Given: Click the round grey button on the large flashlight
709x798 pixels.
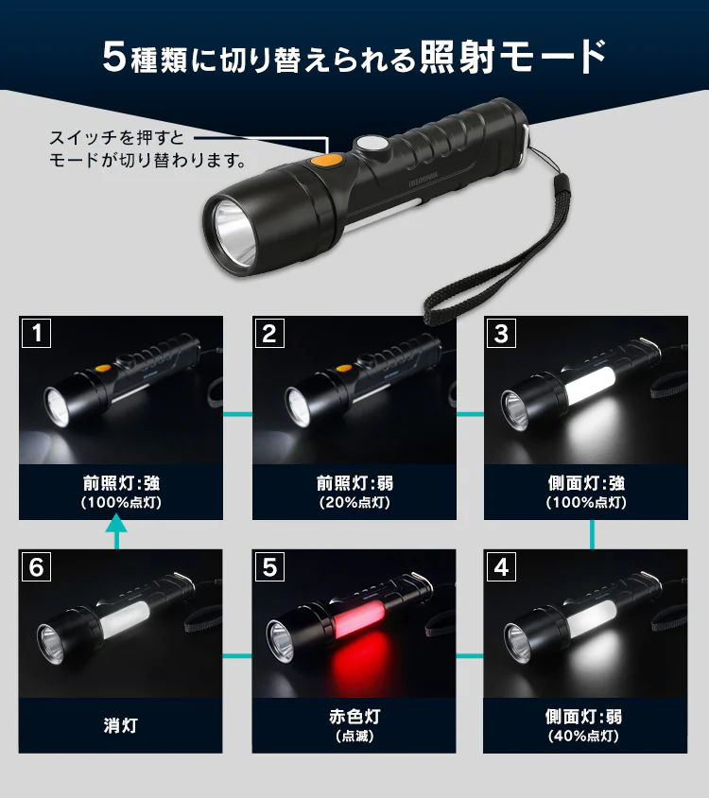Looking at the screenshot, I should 371,147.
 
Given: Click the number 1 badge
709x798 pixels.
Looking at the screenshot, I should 36,332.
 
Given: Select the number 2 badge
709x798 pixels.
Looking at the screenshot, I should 269,332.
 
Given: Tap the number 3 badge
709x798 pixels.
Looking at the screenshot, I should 501,332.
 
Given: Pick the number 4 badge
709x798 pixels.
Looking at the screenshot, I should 501,566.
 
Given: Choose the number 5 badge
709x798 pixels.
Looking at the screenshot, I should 269,566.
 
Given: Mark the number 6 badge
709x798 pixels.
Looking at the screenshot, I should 36,566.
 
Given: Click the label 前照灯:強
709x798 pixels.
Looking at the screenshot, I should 121,483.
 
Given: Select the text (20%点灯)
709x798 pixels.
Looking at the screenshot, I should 354,503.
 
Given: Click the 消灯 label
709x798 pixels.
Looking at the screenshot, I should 121,726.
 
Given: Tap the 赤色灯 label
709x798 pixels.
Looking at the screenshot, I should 354,717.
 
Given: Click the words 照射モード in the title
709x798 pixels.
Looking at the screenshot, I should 510,57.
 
